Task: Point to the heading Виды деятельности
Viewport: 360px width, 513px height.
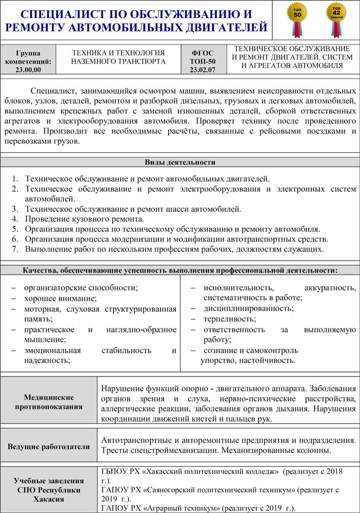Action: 179,163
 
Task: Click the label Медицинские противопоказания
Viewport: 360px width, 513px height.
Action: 49,402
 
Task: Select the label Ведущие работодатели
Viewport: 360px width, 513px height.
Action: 49,446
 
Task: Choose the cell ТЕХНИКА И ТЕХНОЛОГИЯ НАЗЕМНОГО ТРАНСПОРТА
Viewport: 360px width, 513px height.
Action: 118,57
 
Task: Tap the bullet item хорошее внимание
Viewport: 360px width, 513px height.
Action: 61,298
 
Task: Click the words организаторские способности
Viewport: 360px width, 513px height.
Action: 81,288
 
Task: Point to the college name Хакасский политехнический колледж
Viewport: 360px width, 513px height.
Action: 214,471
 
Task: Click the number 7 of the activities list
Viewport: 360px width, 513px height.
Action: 15,249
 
